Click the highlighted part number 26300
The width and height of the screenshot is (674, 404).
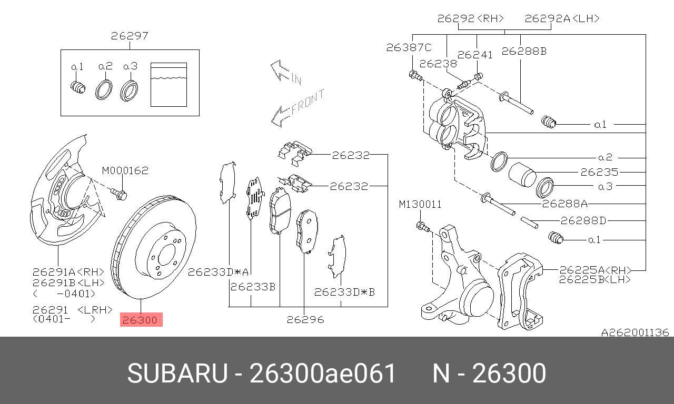141,319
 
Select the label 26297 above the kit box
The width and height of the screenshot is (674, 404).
130,36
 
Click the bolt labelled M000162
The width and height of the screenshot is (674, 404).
119,194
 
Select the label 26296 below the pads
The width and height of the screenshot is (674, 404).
305,319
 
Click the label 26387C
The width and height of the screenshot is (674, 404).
409,47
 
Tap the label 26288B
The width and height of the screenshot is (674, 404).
524,51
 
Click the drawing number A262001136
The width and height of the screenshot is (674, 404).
635,332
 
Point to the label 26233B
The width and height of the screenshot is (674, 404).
253,287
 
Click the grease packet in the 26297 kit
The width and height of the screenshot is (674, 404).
168,84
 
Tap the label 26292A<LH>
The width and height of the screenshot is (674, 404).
562,18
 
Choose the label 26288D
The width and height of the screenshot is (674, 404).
583,220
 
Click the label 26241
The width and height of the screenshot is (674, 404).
475,55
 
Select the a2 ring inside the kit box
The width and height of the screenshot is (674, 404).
104,89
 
